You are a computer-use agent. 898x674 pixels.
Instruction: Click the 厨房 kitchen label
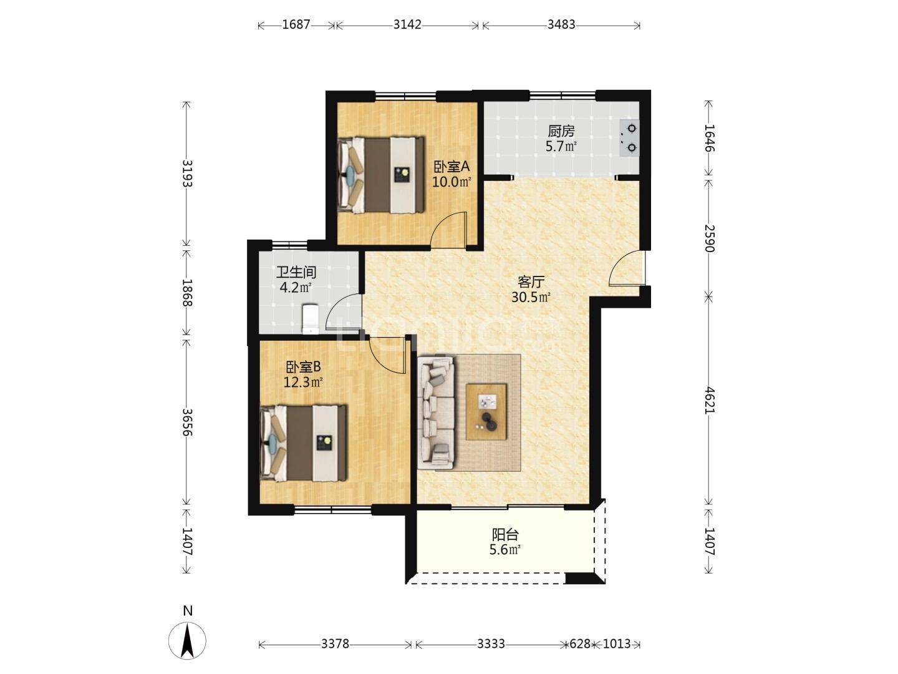point(561,131)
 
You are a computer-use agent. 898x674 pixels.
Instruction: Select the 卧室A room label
point(451,167)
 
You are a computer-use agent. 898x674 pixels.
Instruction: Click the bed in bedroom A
point(380,175)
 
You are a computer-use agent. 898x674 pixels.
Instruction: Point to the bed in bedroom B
point(303,443)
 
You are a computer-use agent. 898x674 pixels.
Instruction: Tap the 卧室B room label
point(303,367)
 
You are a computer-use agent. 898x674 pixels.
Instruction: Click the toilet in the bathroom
point(310,318)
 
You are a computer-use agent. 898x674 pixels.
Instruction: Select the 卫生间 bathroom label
point(296,273)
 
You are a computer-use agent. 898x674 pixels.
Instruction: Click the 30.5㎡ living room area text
point(531,297)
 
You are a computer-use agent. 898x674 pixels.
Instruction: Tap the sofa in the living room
point(436,413)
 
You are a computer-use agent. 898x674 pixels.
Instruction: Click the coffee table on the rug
point(486,412)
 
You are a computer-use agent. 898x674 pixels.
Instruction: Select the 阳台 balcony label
point(505,535)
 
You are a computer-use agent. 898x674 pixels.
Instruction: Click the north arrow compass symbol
point(187,639)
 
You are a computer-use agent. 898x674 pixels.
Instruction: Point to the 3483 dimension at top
point(561,25)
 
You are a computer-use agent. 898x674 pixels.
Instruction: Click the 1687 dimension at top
point(296,25)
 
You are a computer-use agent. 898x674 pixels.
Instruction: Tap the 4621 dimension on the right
point(709,399)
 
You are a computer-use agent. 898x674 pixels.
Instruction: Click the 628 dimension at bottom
point(579,644)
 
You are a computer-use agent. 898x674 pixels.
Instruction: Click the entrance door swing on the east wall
point(625,269)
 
